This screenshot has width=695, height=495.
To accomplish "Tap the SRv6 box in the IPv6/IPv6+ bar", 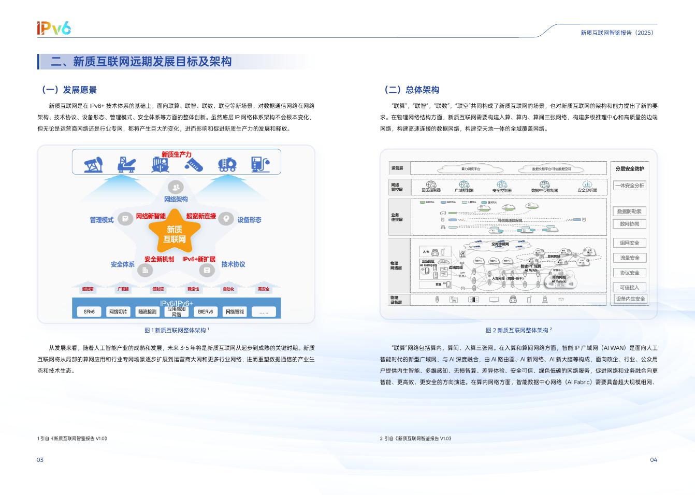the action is [89, 312].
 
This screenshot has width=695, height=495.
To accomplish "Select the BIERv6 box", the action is [205, 312].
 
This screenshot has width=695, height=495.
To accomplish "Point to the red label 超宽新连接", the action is [201, 216].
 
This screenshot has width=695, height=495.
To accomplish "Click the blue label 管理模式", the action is [102, 220].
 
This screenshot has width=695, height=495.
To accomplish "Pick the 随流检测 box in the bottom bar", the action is [147, 312].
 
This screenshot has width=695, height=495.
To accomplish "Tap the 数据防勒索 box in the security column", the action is [629, 211].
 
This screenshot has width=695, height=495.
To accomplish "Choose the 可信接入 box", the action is [629, 287].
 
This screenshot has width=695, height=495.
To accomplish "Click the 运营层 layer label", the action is [397, 168].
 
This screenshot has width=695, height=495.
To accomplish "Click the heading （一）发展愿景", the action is [69, 90].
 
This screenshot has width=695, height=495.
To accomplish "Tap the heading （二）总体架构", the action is [412, 90].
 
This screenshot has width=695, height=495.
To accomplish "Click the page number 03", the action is [40, 460].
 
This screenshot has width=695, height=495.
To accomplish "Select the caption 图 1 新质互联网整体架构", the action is [176, 330].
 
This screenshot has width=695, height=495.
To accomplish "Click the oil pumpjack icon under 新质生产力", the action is [94, 164].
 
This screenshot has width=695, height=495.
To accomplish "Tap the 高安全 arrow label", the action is [264, 289].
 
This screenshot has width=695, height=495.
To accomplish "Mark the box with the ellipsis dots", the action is [264, 312].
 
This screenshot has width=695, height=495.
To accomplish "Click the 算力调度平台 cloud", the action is [470, 169].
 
